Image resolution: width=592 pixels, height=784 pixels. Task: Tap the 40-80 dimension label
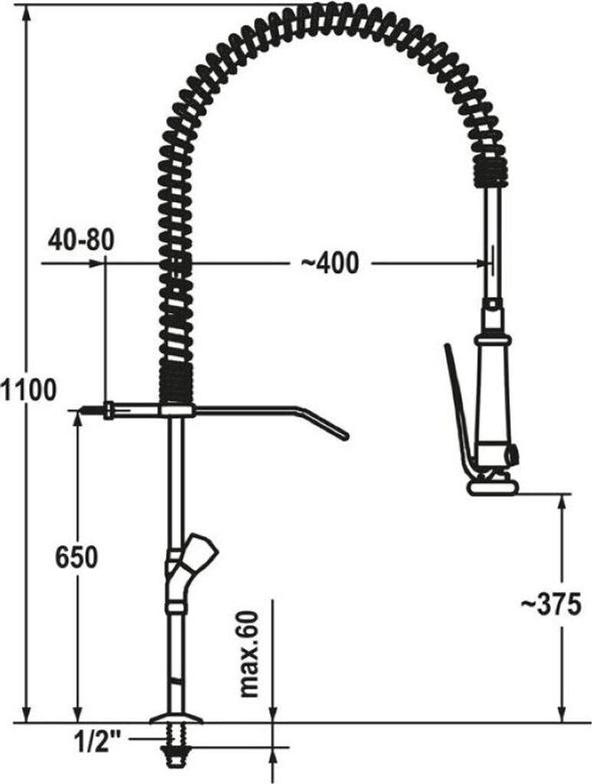81,240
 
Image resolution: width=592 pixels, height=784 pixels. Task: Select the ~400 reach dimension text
329,263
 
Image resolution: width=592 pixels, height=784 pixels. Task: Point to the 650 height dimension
76,557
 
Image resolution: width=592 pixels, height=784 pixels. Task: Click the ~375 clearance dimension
551,604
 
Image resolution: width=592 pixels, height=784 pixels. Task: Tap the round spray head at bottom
490,487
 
